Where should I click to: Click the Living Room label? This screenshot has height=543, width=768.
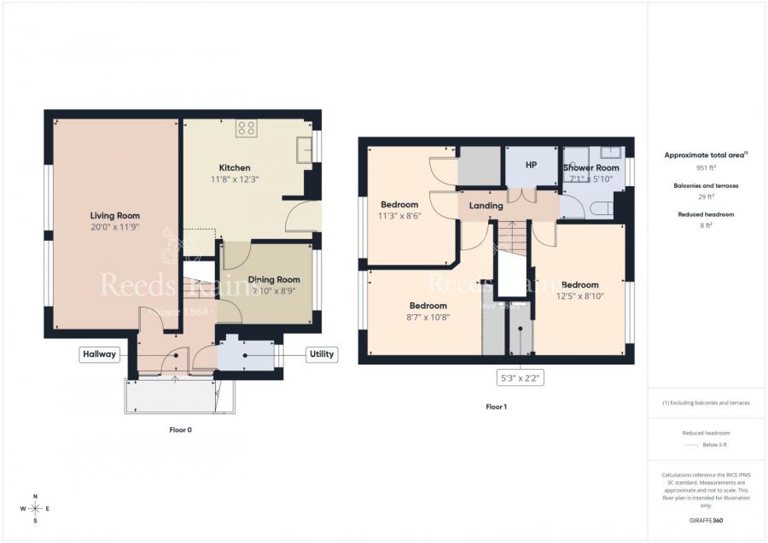pyautogui.click(x=115, y=216)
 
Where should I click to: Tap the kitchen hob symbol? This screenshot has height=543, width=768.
pyautogui.click(x=247, y=128)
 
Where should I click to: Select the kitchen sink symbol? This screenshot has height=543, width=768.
pyautogui.click(x=303, y=149)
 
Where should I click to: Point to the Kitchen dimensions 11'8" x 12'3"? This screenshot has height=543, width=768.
pyautogui.click(x=234, y=179)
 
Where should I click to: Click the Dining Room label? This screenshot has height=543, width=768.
pyautogui.click(x=274, y=279)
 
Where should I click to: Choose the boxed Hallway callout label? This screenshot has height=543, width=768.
pyautogui.click(x=99, y=354)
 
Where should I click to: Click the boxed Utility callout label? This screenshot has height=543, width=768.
pyautogui.click(x=322, y=354)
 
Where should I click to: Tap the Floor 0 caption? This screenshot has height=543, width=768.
pyautogui.click(x=180, y=429)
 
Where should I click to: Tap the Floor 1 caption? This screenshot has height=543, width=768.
pyautogui.click(x=496, y=406)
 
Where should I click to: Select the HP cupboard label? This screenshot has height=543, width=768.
pyautogui.click(x=531, y=165)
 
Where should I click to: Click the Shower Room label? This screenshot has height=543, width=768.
pyautogui.click(x=591, y=168)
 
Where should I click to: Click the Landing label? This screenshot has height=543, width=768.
pyautogui.click(x=486, y=206)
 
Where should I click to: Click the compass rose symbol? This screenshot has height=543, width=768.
pyautogui.click(x=35, y=508)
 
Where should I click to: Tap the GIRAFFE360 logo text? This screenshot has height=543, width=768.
pyautogui.click(x=706, y=519)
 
